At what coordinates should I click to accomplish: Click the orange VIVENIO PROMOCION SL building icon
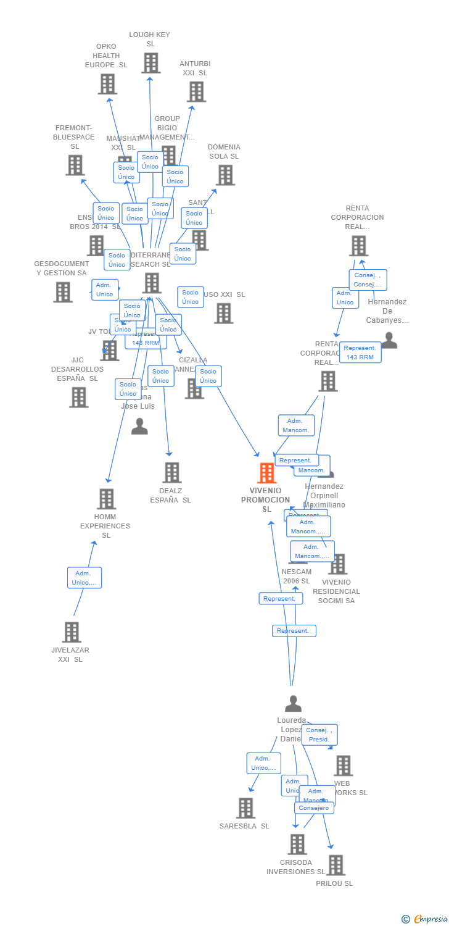pyautogui.click(x=266, y=473)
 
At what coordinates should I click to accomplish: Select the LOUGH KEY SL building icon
pyautogui.click(x=150, y=63)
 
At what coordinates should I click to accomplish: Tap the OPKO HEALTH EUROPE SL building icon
pyautogui.click(x=107, y=84)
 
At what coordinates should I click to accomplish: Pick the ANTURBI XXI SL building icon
pyautogui.click(x=196, y=91)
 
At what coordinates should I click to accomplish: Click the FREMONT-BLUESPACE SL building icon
pyautogui.click(x=75, y=165)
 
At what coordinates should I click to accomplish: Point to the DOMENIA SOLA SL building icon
pyautogui.click(x=225, y=175)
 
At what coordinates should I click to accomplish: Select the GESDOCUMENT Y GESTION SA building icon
pyautogui.click(x=62, y=292)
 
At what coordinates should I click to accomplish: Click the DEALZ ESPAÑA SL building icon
pyautogui.click(x=171, y=472)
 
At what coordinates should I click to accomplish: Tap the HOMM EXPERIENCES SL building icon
pyautogui.click(x=106, y=499)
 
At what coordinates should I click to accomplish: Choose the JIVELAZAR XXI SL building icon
pyautogui.click(x=72, y=632)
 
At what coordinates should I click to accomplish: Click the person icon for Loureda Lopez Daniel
pyautogui.click(x=293, y=703)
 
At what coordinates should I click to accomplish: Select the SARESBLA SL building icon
pyautogui.click(x=245, y=807)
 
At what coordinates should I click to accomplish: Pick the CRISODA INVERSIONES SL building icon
pyautogui.click(x=297, y=844)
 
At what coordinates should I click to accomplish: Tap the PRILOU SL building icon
pyautogui.click(x=335, y=865)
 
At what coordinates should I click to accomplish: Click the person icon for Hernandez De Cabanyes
pyautogui.click(x=389, y=340)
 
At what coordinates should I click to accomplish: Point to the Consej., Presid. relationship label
pyautogui.click(x=319, y=735)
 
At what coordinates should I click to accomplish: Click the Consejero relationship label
pyautogui.click(x=315, y=807)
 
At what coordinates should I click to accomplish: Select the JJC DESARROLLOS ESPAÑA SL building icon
pyautogui.click(x=78, y=397)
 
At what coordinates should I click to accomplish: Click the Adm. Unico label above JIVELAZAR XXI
pyautogui.click(x=84, y=578)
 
